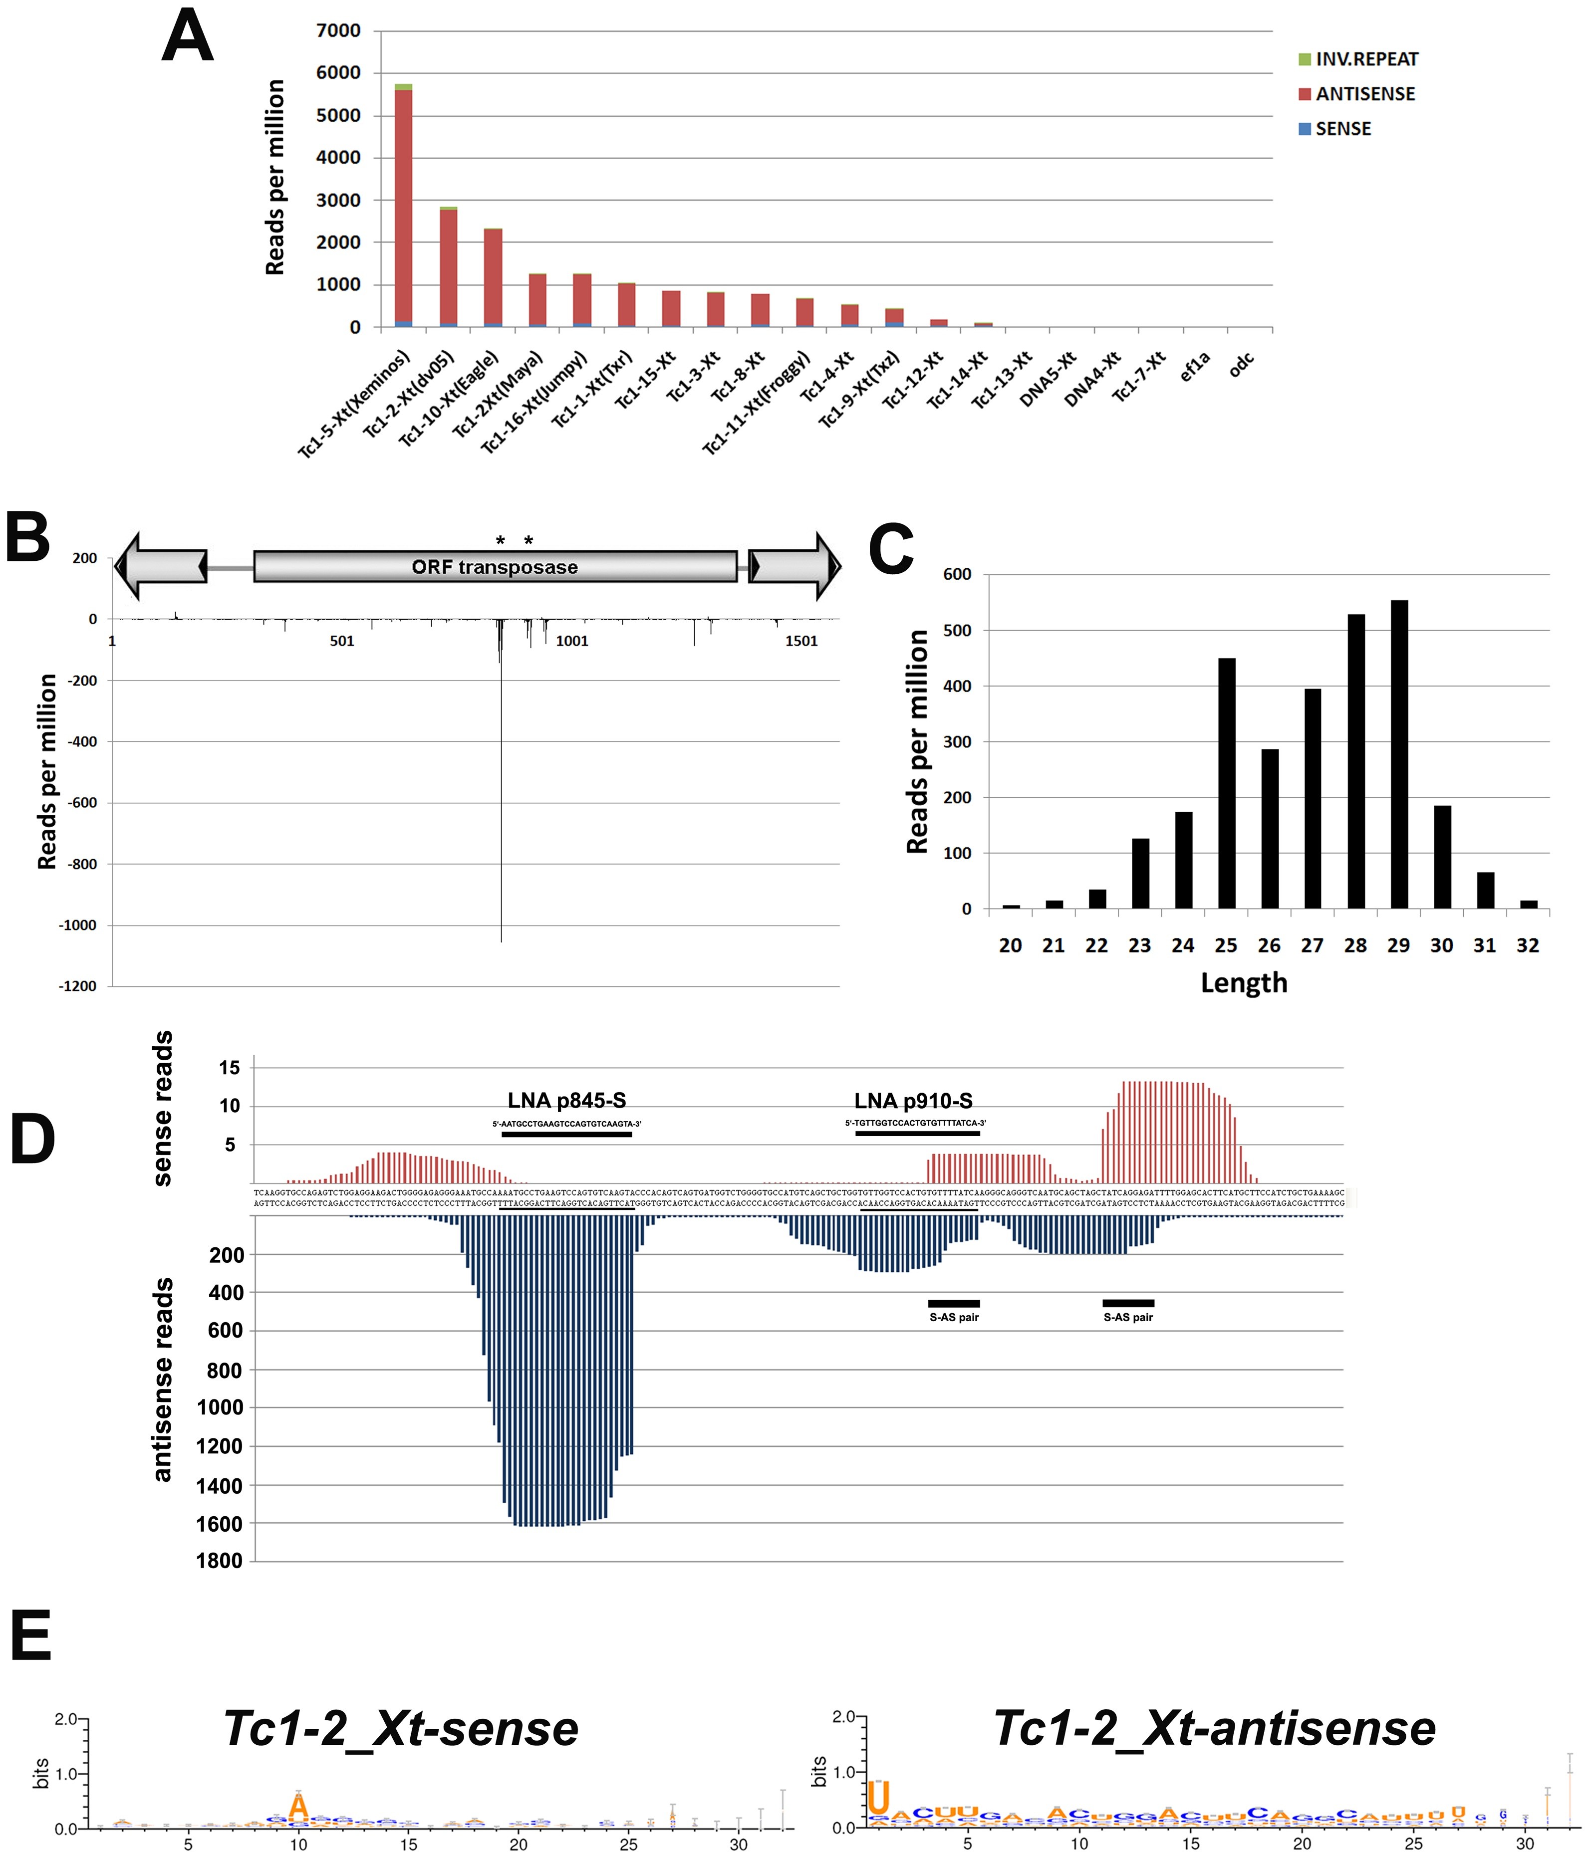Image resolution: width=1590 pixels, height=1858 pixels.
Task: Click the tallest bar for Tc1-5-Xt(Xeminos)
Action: click(404, 206)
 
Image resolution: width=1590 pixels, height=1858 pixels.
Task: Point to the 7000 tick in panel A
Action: click(338, 30)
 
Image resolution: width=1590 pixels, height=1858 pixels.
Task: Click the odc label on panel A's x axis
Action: click(1241, 365)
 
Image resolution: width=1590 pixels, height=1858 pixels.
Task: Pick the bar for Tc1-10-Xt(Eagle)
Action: click(493, 278)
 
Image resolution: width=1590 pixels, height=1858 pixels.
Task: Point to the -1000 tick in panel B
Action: click(78, 926)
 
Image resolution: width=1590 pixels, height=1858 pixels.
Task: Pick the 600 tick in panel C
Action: click(957, 575)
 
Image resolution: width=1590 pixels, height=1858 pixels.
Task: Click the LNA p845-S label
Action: click(567, 1101)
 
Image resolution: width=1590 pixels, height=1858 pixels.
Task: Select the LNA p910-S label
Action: click(913, 1101)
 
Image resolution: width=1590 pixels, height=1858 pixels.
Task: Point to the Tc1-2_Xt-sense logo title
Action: click(401, 1728)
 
